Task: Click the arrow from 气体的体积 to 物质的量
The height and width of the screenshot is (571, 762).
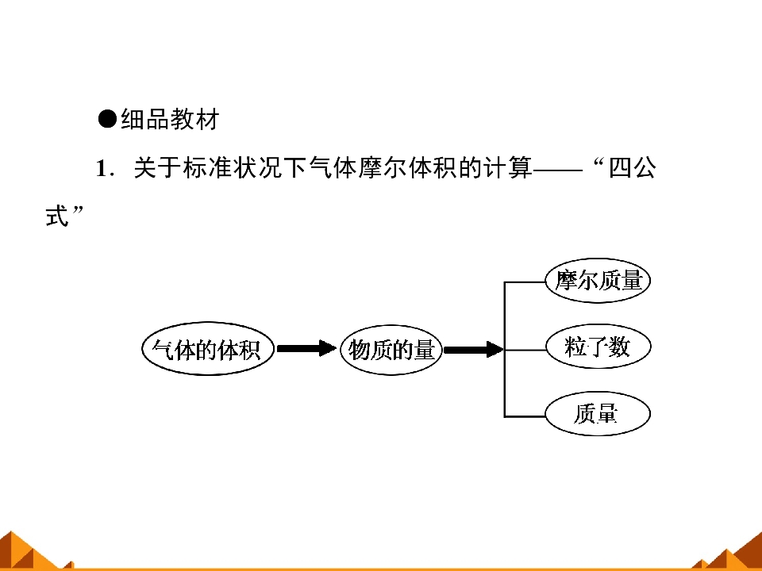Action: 306,348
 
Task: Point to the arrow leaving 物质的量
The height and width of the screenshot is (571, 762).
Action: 474,349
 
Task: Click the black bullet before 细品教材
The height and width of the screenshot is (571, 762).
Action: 107,119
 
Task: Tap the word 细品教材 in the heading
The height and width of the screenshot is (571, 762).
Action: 170,119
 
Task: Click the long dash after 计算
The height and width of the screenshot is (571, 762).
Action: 557,170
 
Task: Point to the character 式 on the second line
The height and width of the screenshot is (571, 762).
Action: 57,216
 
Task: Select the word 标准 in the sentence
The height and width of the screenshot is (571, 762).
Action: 207,168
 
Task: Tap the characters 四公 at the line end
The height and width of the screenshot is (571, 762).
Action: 632,168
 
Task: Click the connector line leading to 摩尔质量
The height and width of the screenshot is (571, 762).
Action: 525,282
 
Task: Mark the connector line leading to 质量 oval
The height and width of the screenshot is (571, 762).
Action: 525,416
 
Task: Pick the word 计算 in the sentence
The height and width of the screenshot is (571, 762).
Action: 508,168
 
